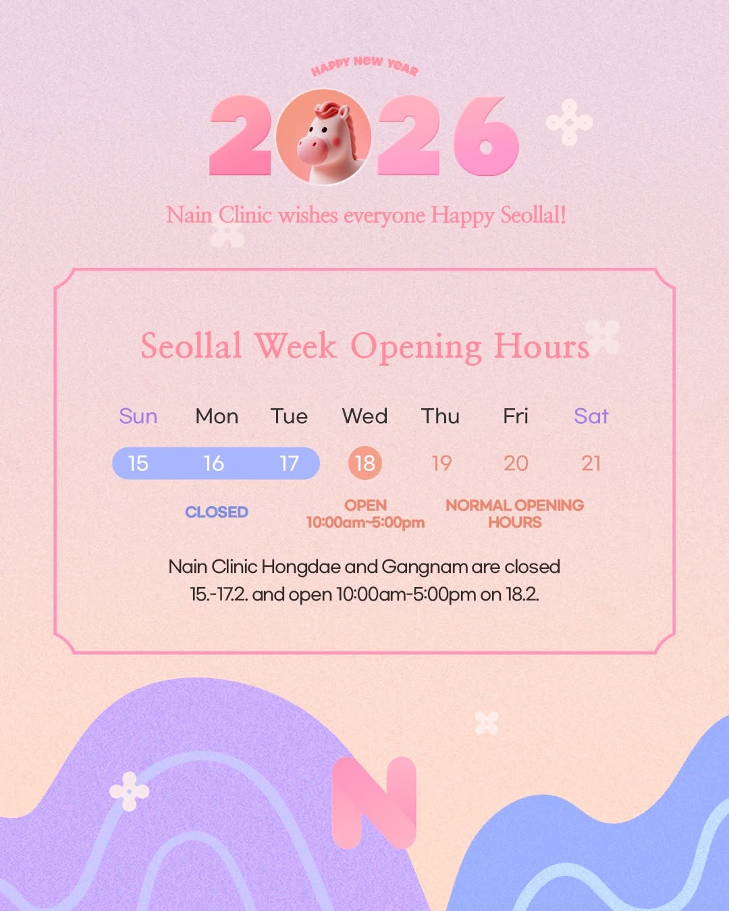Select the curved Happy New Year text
364,66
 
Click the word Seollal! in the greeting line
533,215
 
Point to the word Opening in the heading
416,347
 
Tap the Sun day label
138,416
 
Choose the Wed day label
364,416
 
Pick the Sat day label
591,416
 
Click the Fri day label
516,416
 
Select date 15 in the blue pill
138,464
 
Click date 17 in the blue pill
290,464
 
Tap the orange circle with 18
364,463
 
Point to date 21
591,464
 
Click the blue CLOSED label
217,512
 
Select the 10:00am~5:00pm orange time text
365,522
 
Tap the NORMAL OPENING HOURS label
514,514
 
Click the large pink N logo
374,803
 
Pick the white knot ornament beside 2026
569,123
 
